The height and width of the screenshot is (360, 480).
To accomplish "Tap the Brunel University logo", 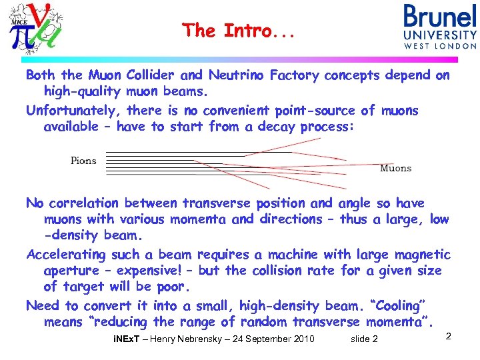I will pyautogui.click(x=440, y=27).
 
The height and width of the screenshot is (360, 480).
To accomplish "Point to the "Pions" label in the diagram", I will pyautogui.click(x=83, y=161).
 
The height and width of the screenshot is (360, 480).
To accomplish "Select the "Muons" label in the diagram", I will pyautogui.click(x=395, y=169).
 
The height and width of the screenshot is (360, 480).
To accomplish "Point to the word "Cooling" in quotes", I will pyautogui.click(x=401, y=306).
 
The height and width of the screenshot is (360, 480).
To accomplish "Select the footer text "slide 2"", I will pyautogui.click(x=364, y=339).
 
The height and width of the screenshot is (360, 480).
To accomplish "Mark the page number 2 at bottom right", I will pyautogui.click(x=448, y=337).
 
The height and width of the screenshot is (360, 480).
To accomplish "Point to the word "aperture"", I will pyautogui.click(x=73, y=271).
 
